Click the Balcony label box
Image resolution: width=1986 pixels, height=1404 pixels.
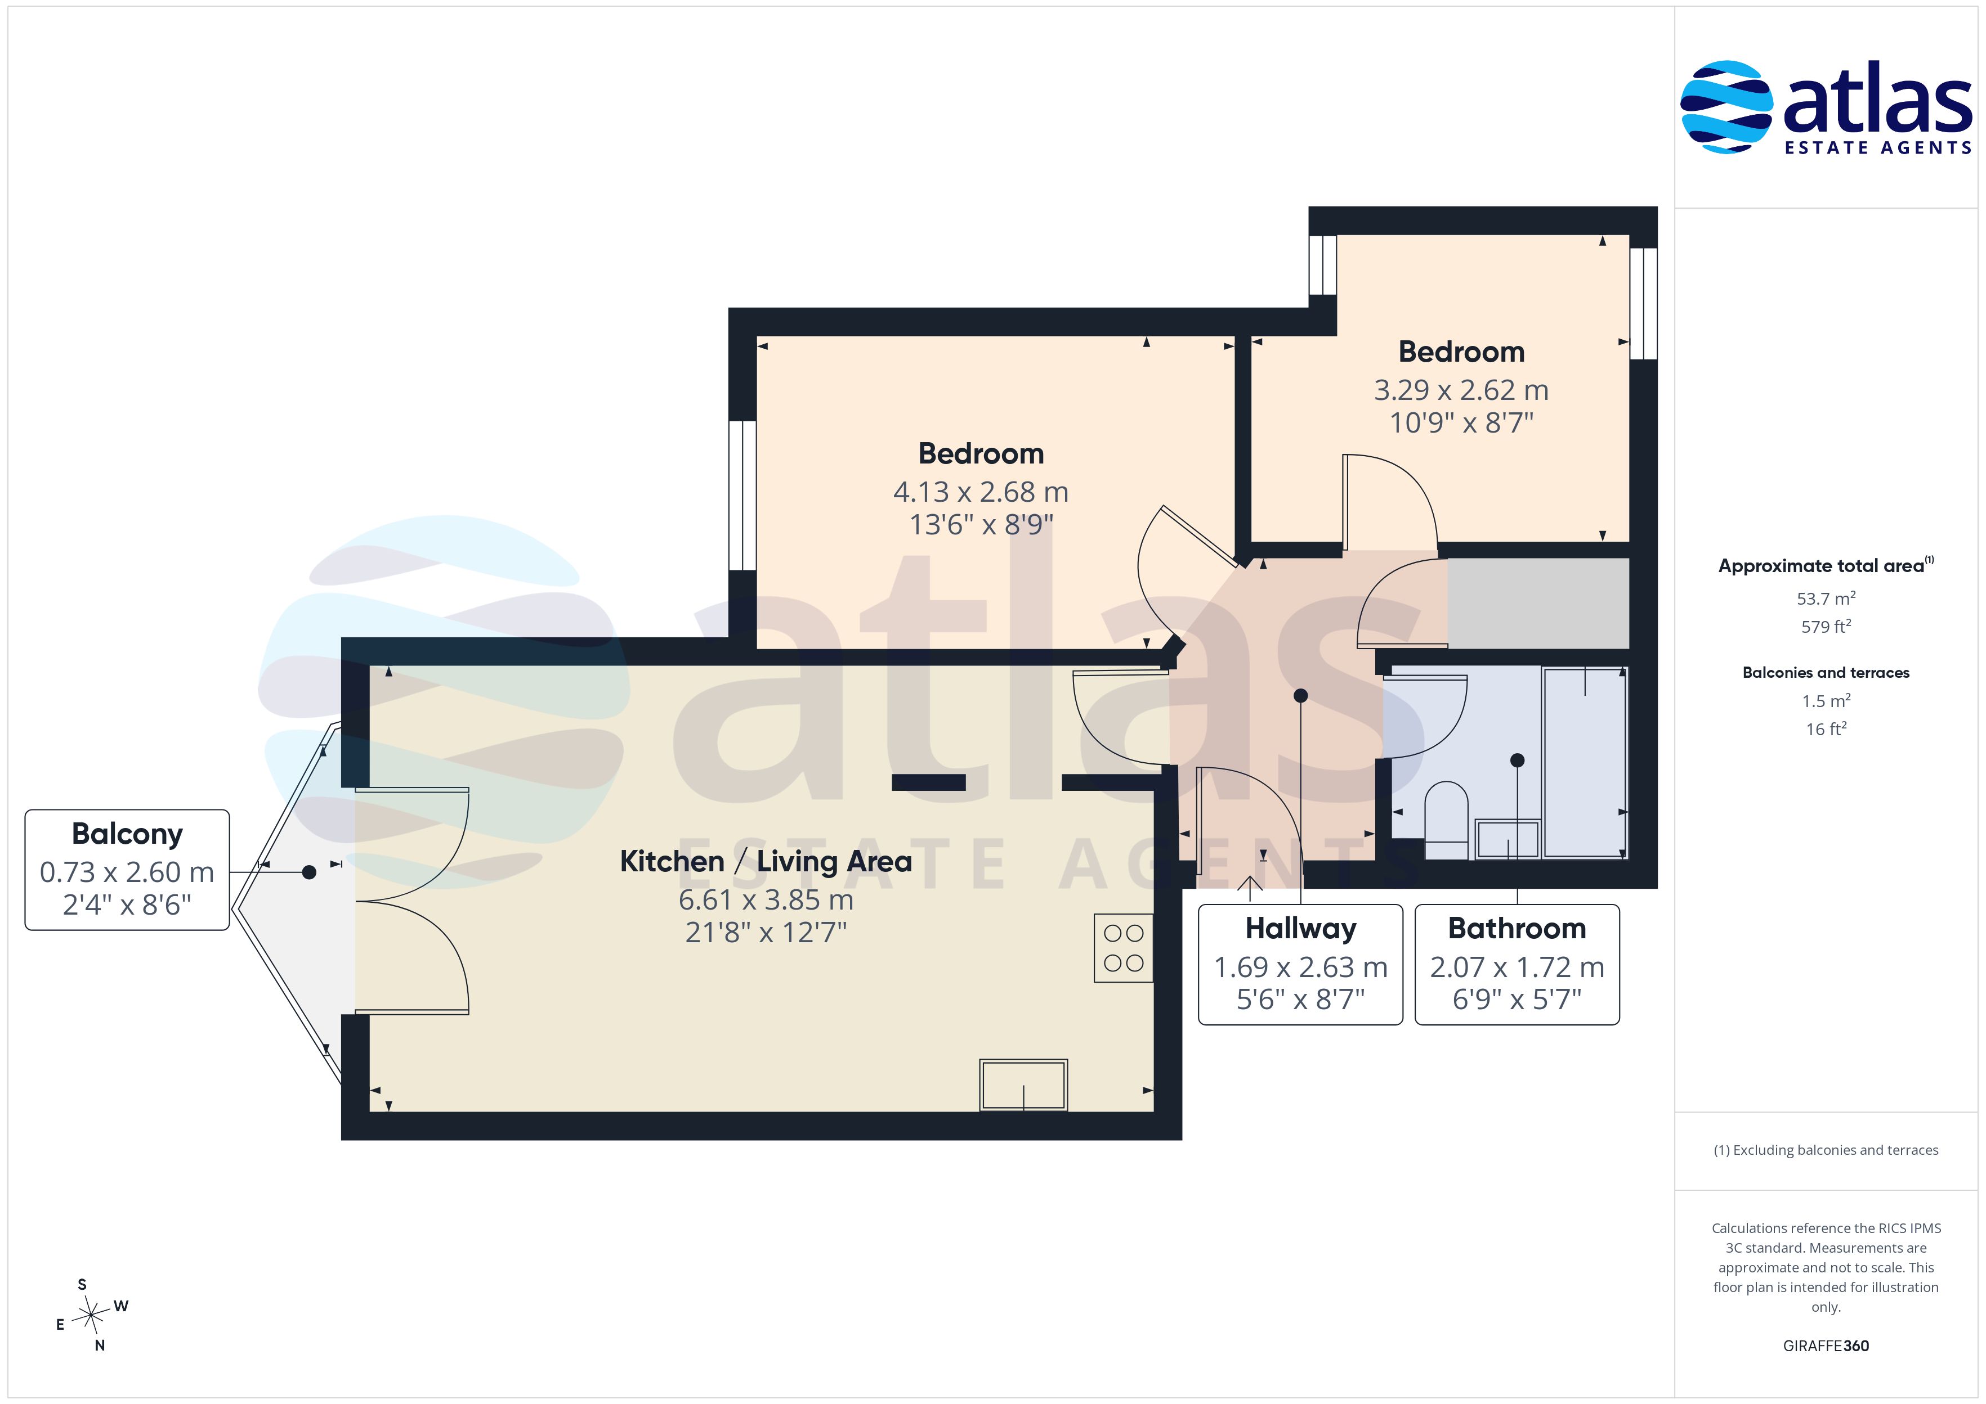point(127,870)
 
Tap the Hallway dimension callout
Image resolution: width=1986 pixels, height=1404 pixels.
point(1300,965)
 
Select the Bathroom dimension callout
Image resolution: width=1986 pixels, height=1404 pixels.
point(1517,965)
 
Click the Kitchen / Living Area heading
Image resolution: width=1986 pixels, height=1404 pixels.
point(766,861)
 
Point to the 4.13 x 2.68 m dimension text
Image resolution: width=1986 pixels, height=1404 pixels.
point(981,492)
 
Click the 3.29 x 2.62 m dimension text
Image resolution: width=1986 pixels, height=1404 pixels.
point(1461,390)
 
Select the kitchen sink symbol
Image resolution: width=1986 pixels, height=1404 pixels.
point(1023,1084)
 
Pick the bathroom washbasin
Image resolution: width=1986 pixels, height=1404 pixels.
point(1508,839)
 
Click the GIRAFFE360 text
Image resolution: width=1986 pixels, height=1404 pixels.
point(1826,1346)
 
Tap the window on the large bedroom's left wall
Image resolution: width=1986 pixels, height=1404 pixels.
point(742,496)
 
